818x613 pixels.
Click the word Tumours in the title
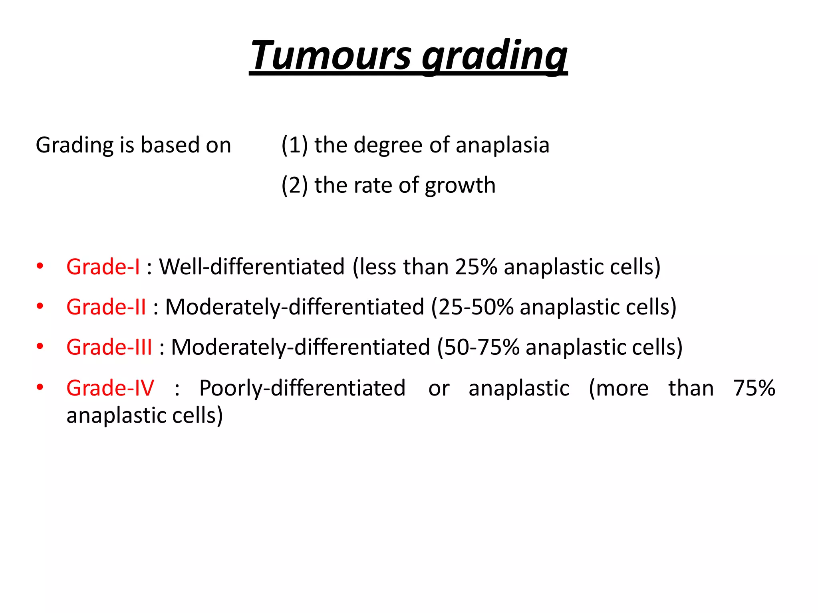pos(331,56)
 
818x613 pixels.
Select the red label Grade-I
pos(103,267)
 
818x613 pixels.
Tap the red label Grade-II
pos(106,307)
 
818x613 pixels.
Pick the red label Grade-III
pos(109,347)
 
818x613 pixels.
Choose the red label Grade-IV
pos(110,388)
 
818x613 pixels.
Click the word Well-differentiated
pos(252,267)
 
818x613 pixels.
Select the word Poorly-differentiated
pos(302,388)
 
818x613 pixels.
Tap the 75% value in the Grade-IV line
pos(754,388)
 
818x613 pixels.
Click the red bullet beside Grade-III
pos(40,346)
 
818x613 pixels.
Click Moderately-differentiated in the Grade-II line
pos(294,307)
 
